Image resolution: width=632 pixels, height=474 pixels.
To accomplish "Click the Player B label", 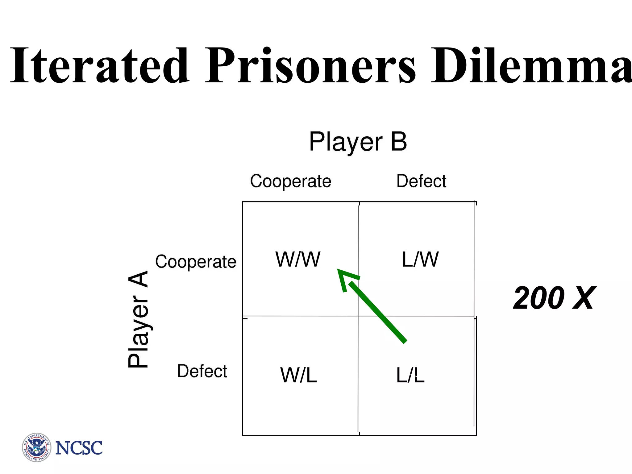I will coord(358,142).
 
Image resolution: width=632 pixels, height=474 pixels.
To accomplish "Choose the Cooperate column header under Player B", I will coord(290,181).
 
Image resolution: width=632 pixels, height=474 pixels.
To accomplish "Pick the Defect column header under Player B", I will coord(421,181).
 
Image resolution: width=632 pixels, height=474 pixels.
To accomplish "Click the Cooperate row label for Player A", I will coord(196,262).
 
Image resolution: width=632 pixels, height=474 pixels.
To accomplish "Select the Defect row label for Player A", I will coord(202,371).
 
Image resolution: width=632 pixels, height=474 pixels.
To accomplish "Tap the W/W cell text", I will coord(298,260).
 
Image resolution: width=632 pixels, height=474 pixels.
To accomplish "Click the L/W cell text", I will coord(420,260).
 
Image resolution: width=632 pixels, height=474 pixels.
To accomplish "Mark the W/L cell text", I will coord(298,375).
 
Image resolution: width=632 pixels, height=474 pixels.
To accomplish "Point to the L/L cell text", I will coord(410,375).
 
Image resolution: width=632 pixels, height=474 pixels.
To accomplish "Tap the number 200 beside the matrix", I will coord(538,298).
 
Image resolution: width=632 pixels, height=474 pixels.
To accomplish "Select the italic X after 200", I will coord(583,298).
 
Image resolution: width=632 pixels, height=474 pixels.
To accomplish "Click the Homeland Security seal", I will coord(36,447).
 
